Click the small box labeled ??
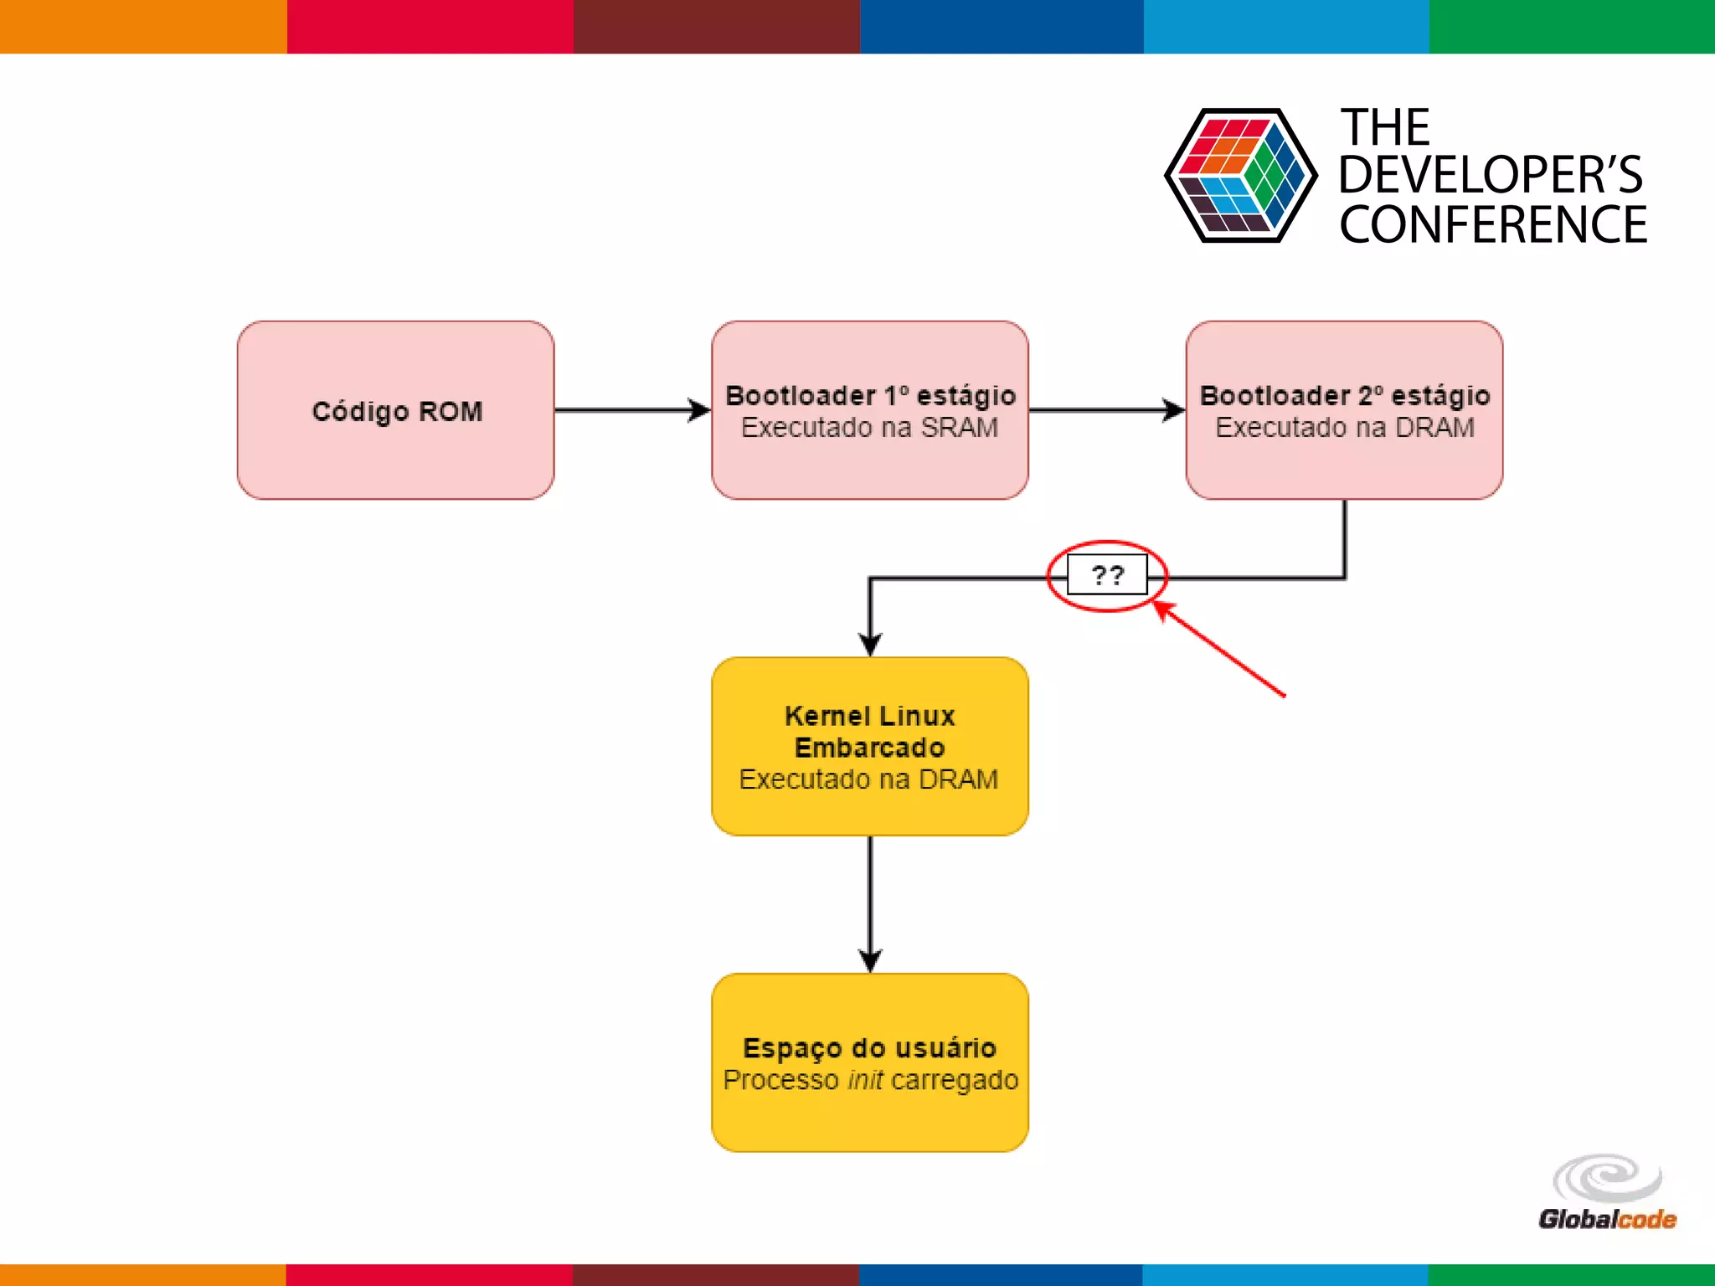[1107, 575]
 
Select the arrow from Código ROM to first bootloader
[628, 410]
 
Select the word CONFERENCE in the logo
[1492, 224]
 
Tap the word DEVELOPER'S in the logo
[1491, 175]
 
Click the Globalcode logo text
[1606, 1219]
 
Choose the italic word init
[865, 1080]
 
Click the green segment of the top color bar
[1572, 26]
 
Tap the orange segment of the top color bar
[142, 26]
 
